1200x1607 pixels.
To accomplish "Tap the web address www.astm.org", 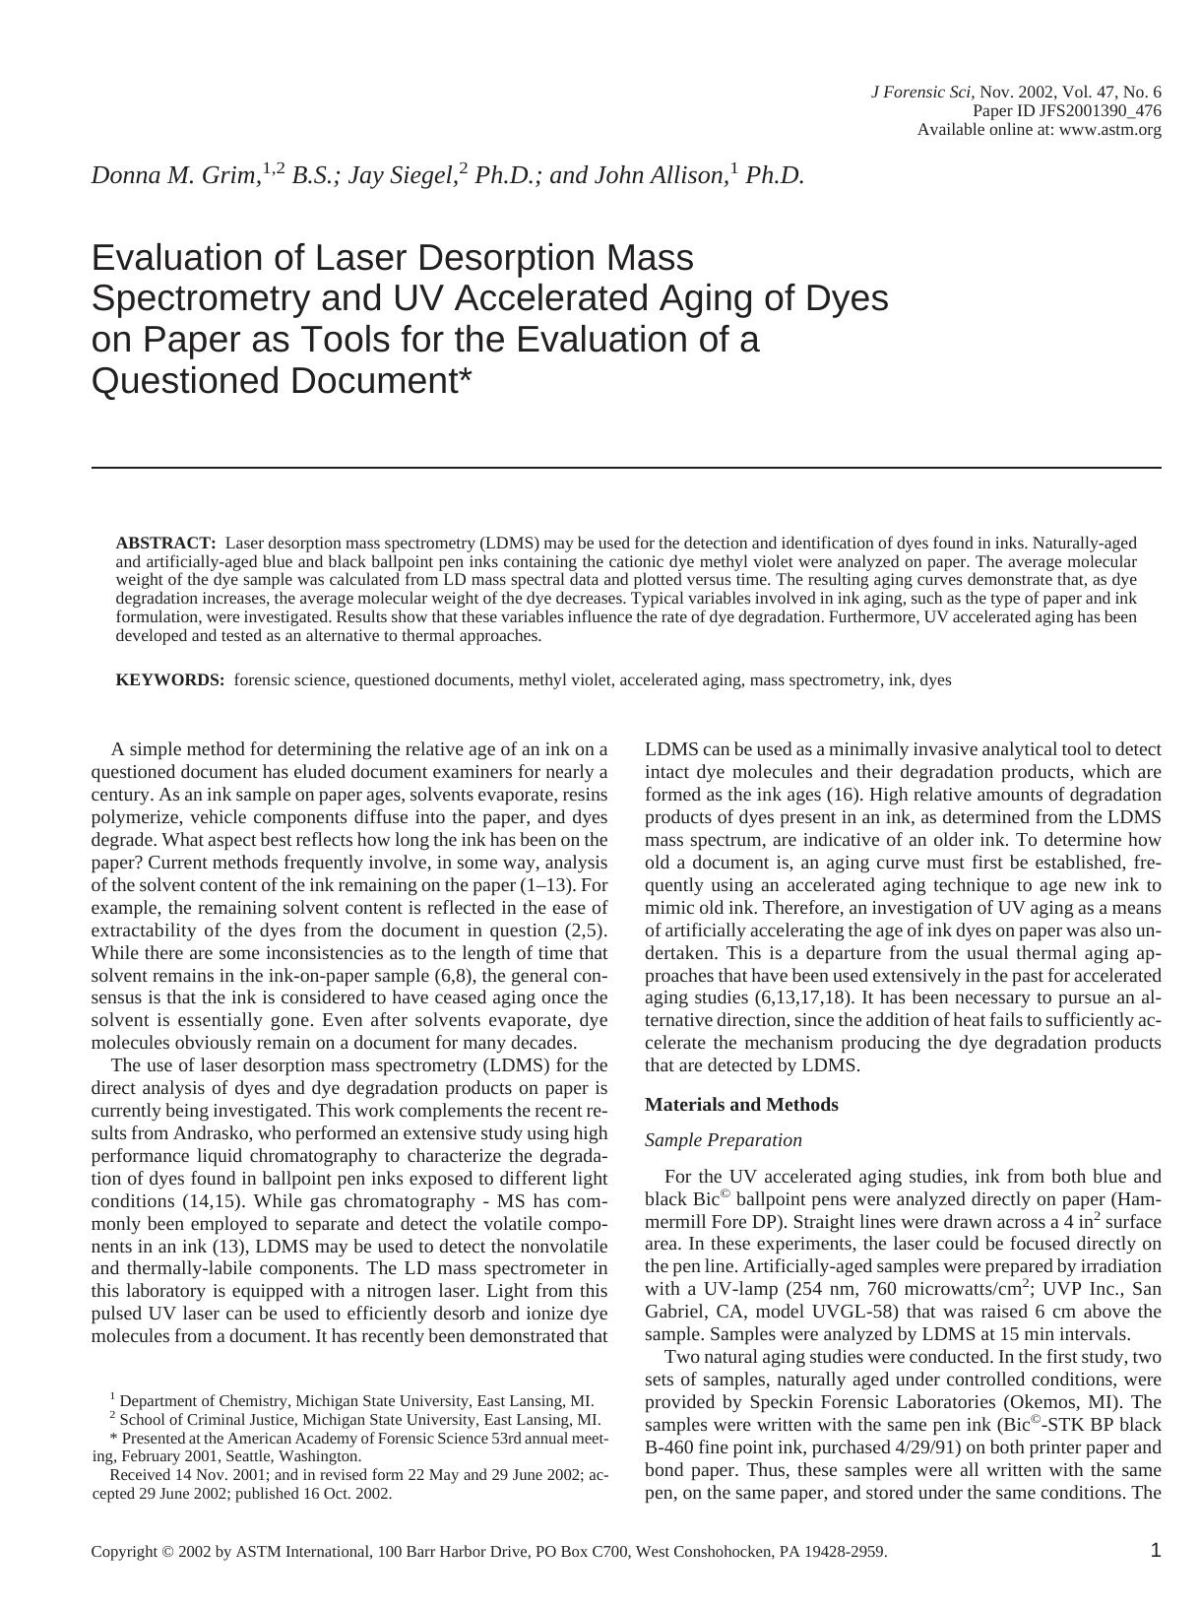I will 1109,129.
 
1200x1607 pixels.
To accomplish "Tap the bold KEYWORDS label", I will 170,679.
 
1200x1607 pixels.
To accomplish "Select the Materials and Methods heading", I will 741,1104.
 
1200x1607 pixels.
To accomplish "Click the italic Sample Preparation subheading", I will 723,1139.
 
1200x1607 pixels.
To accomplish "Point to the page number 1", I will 1155,1550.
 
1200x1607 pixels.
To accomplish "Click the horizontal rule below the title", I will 626,468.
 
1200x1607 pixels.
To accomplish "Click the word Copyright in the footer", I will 125,1552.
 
